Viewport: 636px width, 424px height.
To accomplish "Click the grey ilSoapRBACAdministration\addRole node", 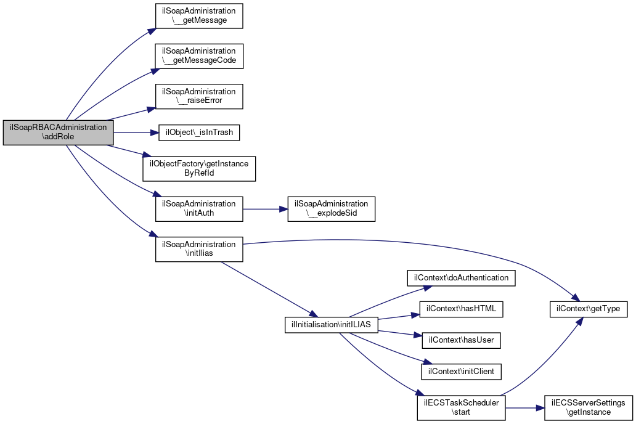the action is click(58, 132).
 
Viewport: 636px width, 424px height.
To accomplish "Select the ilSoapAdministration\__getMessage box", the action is click(199, 16).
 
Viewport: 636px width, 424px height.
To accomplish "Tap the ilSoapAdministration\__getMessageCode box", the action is click(199, 56).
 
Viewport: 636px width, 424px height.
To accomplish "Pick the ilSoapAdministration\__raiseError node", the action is click(199, 96).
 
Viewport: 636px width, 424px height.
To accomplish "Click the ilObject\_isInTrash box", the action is click(199, 132).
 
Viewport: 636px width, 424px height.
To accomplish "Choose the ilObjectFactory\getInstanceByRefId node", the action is click(199, 168).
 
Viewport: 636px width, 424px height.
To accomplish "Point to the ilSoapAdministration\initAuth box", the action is click(199, 209).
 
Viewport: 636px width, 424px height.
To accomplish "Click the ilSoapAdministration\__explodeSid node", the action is click(332, 209).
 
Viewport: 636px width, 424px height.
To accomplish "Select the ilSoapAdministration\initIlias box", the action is click(199, 249).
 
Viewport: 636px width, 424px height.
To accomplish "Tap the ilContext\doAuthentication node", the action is click(461, 278).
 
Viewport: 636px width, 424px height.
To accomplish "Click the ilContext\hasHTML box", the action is click(461, 309).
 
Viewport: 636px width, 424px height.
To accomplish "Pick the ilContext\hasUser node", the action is click(461, 340).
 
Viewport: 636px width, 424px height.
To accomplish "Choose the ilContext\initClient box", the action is click(461, 372).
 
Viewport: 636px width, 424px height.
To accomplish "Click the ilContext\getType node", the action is click(588, 309).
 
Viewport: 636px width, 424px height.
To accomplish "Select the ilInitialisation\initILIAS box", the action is click(332, 325).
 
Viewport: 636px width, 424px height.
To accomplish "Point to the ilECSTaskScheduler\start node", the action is click(461, 408).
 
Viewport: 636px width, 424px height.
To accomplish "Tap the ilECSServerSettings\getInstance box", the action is click(588, 408).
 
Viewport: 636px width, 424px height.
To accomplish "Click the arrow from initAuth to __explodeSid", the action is click(265, 209).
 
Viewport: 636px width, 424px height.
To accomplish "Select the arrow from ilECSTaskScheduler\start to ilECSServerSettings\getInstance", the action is click(525, 408).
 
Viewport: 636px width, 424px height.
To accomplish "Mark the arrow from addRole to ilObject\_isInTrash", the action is click(136, 132).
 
